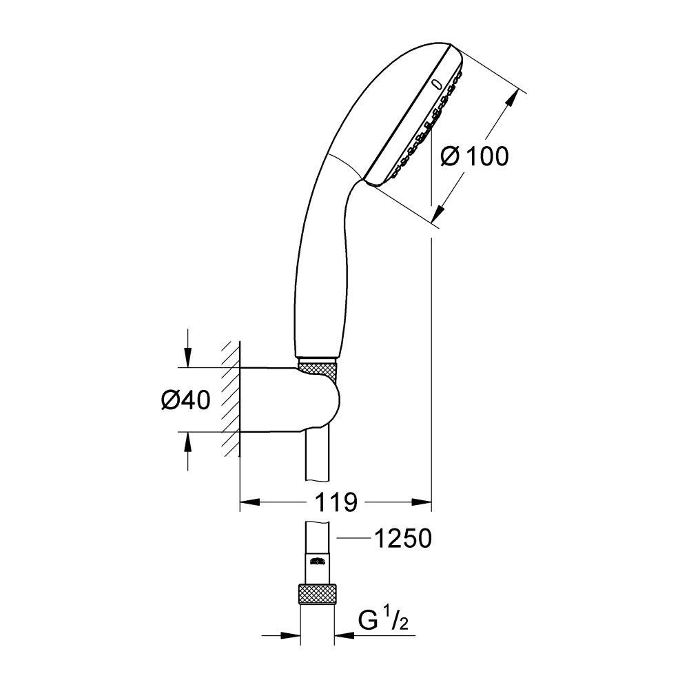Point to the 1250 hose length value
[402, 539]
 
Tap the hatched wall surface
[230, 400]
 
